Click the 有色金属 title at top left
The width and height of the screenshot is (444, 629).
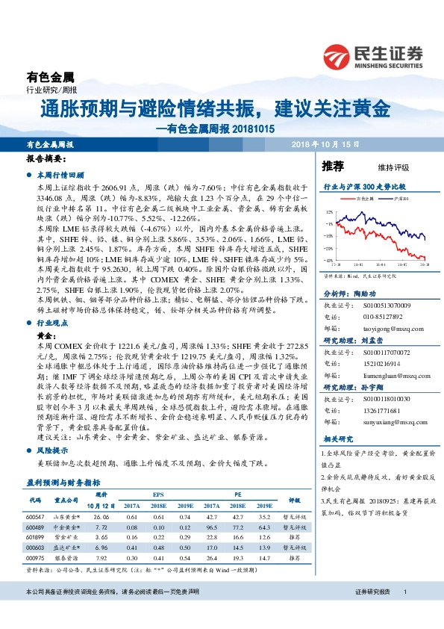(x=51, y=77)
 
